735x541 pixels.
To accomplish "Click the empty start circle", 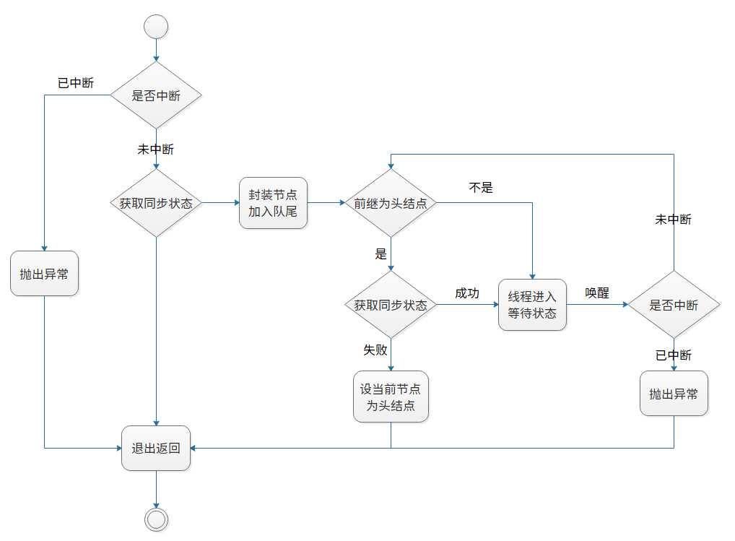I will tap(156, 27).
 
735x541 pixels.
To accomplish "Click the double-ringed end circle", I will tap(156, 519).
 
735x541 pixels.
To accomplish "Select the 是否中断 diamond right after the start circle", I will tap(156, 95).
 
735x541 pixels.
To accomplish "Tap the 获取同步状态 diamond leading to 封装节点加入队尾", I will tap(156, 203).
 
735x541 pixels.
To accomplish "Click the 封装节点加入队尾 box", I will tap(273, 203).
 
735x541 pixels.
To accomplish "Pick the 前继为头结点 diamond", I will tap(391, 203).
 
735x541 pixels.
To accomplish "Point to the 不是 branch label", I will tap(481, 188).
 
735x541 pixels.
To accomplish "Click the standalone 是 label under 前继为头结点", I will tap(380, 254).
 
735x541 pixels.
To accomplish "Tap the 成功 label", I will tap(466, 293).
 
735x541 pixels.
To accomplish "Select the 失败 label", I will tap(375, 350).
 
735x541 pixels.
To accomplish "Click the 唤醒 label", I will tap(596, 293).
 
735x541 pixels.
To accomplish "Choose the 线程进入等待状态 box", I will tap(532, 305).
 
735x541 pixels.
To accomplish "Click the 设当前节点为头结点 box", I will tap(391, 397).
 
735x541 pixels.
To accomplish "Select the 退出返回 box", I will tap(156, 448).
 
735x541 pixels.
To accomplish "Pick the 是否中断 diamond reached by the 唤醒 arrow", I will tap(674, 305).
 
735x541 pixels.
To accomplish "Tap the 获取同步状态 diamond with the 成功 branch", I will tap(391, 305).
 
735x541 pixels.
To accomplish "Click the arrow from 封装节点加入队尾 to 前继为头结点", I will tap(326, 203).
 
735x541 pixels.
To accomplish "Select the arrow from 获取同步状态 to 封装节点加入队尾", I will tap(219, 203).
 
